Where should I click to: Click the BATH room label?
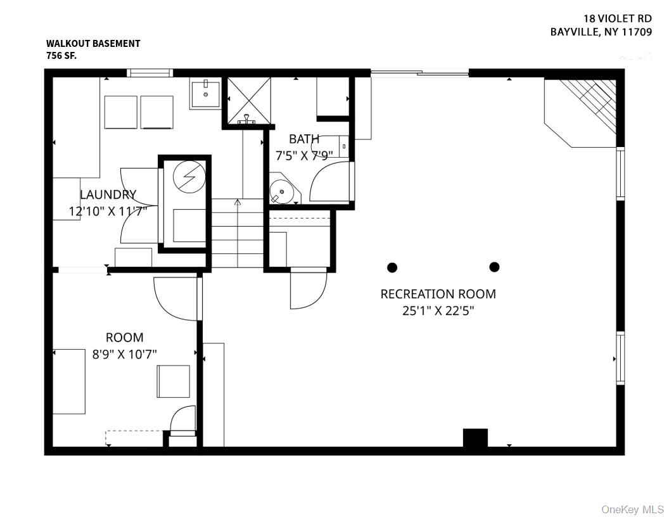pos(304,139)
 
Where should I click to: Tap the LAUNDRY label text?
pos(108,195)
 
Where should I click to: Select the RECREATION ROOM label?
pos(438,294)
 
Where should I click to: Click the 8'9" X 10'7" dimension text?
pos(125,354)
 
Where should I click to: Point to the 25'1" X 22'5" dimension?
pos(438,310)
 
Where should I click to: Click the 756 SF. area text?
pos(61,56)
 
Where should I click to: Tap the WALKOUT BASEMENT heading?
pos(93,44)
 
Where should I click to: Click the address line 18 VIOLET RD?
pos(618,19)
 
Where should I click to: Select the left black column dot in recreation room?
pos(392,267)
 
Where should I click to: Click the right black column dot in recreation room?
pos(495,267)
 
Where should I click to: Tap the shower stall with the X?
pos(248,101)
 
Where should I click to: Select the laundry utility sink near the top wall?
pos(205,94)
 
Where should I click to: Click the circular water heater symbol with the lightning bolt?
pos(189,177)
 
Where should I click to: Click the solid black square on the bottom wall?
pos(475,438)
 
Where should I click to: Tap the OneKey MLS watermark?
pos(633,509)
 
